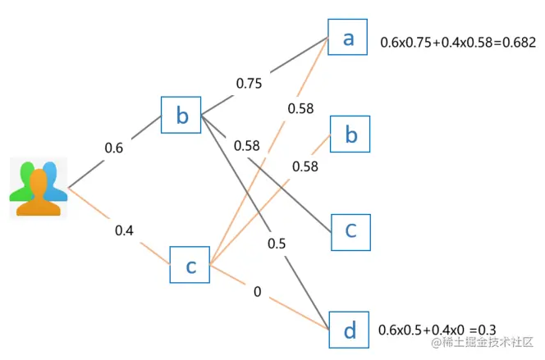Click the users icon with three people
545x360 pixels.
[x=39, y=189]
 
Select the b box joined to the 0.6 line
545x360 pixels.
[x=181, y=115]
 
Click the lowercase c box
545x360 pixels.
[x=190, y=265]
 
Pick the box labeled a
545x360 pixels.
[x=348, y=37]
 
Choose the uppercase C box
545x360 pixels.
[x=350, y=231]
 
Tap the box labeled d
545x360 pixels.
[x=349, y=330]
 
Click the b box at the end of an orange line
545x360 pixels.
[x=350, y=134]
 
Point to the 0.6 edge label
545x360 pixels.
[x=113, y=148]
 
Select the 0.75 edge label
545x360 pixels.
[x=250, y=83]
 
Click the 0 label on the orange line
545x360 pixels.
[x=257, y=292]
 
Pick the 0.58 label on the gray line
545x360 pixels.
[x=246, y=146]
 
